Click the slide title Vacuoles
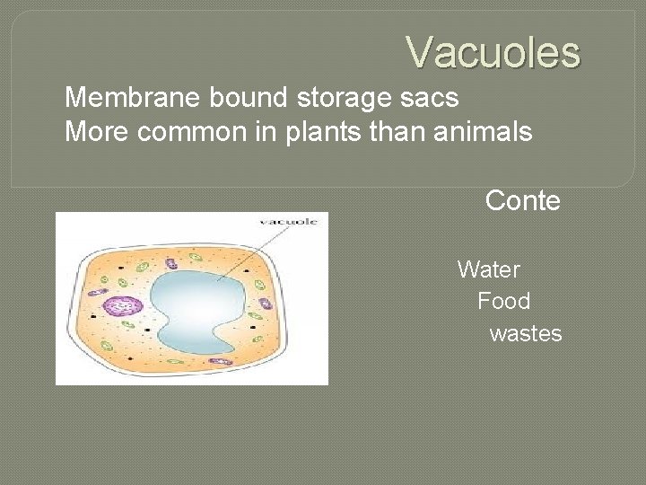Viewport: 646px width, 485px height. (493, 52)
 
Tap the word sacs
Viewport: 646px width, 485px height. (432, 96)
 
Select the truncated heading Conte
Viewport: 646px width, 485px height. (522, 200)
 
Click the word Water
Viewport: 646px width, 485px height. (488, 269)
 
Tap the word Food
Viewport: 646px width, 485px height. (503, 301)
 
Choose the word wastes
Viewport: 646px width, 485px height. (526, 334)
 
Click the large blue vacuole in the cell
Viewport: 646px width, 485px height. (197, 305)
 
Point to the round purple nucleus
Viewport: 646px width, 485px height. (122, 306)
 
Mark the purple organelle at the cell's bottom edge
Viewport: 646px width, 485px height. (219, 361)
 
